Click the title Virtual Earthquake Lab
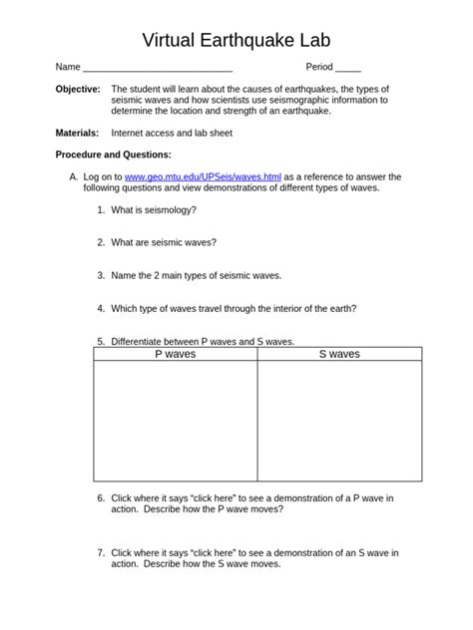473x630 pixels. (x=236, y=40)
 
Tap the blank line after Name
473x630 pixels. (x=158, y=68)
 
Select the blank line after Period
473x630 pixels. (x=348, y=68)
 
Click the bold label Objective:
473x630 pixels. (x=77, y=89)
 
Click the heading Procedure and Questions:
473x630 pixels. (x=113, y=155)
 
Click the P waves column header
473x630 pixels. (x=176, y=354)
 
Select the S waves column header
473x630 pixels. (x=339, y=354)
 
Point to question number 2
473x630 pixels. (x=101, y=242)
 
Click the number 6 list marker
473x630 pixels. (x=101, y=497)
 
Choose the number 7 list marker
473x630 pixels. (x=101, y=552)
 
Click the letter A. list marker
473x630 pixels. (x=73, y=176)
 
